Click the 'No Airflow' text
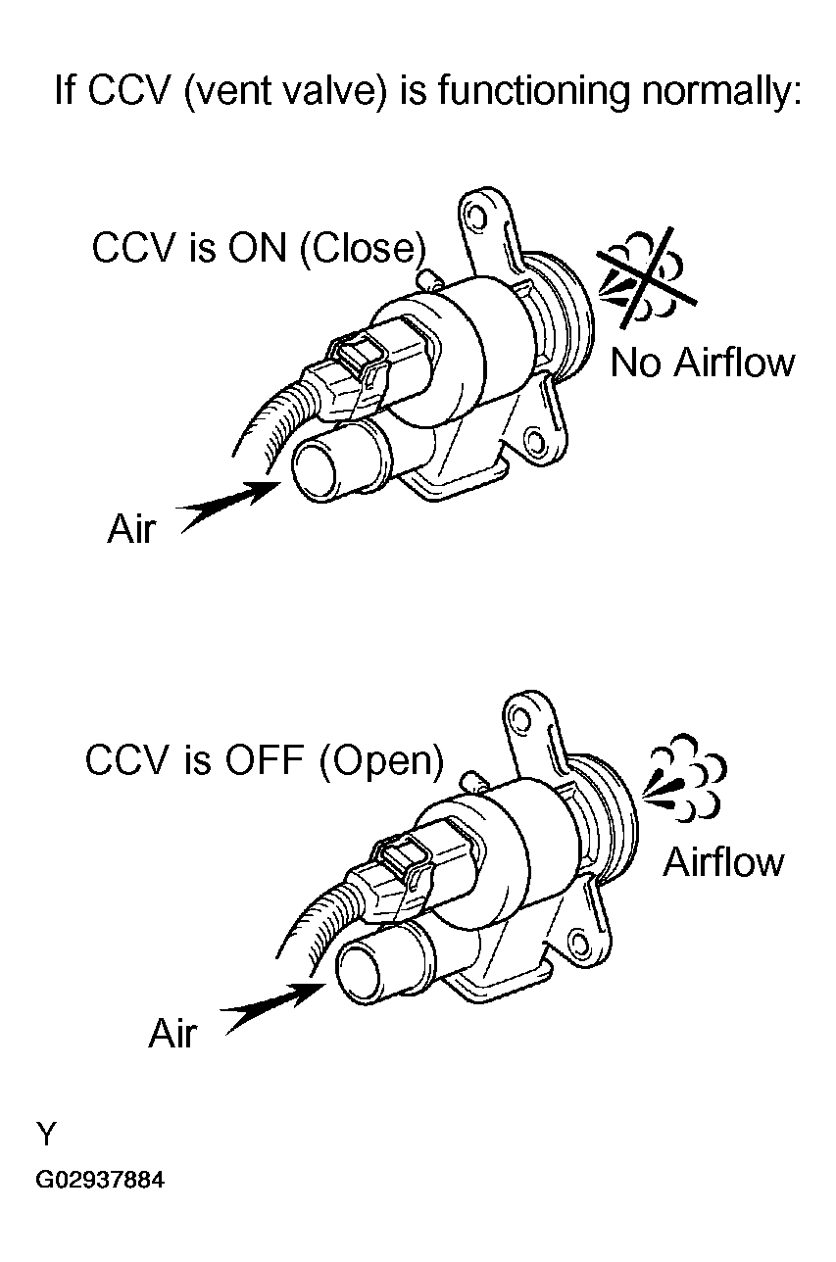pyautogui.click(x=702, y=364)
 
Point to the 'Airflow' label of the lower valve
pyautogui.click(x=724, y=862)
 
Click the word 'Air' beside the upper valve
pyautogui.click(x=130, y=530)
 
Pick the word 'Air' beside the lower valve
pyautogui.click(x=173, y=1034)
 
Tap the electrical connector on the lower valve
pyautogui.click(x=397, y=866)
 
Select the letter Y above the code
pyautogui.click(x=46, y=1135)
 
